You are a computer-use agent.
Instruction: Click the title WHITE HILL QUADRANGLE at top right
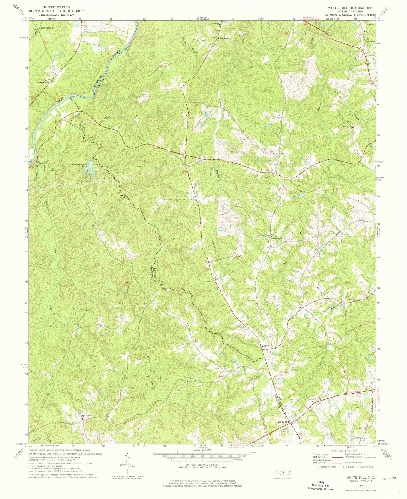pyautogui.click(x=350, y=8)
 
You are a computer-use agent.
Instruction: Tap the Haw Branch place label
pyautogui.click(x=47, y=28)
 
